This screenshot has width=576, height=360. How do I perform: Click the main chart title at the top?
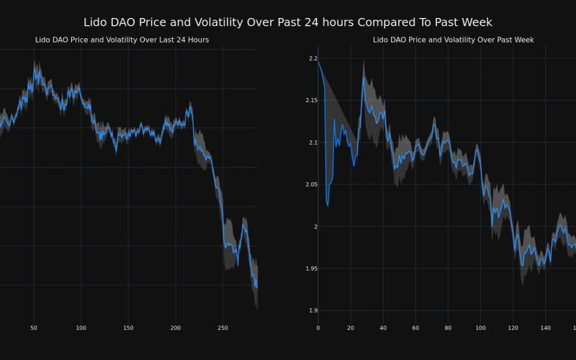[288, 22]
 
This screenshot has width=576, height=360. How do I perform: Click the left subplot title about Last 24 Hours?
[122, 40]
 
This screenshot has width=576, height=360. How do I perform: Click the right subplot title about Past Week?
[453, 40]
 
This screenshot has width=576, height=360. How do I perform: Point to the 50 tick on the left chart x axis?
[33, 328]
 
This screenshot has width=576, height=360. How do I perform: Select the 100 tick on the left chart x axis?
[81, 328]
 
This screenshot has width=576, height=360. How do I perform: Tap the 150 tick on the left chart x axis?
[128, 328]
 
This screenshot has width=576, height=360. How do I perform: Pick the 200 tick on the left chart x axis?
[176, 328]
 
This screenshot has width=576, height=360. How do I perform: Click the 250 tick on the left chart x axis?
[222, 328]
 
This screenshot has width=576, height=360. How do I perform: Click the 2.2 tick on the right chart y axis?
[312, 58]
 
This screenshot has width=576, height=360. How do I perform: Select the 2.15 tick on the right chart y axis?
[310, 100]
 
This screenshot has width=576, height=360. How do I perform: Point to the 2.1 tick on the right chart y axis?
[312, 143]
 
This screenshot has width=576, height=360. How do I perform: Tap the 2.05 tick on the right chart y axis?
[310, 185]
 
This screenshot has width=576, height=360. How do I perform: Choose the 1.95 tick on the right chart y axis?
[310, 269]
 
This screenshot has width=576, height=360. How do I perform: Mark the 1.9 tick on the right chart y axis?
[312, 311]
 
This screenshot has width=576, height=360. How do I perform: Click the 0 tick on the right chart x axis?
[318, 328]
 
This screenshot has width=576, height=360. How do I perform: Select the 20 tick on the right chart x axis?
[351, 328]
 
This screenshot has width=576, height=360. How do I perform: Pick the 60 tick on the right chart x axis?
[415, 328]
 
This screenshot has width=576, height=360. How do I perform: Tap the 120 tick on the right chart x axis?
[513, 328]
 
